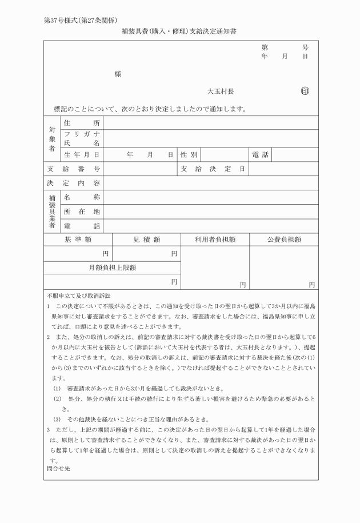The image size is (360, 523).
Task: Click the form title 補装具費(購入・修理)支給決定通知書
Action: [179, 32]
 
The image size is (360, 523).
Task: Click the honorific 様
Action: [118, 74]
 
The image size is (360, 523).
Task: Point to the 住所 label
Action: [82, 123]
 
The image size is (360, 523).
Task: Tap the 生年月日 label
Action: [82, 155]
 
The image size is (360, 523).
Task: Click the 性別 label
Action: [189, 155]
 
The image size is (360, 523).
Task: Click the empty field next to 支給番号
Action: [140, 169]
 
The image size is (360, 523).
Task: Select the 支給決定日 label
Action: [213, 169]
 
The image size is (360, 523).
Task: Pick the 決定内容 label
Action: [74, 183]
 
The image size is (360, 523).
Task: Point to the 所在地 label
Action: [82, 211]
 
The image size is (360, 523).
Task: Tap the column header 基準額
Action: [78, 239]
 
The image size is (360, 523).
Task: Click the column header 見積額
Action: [146, 239]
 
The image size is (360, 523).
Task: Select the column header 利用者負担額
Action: [215, 239]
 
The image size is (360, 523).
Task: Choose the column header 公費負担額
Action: [284, 239]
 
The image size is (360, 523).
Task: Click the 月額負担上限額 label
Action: [112, 267]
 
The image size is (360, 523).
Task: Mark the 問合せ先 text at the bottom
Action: [59, 468]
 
